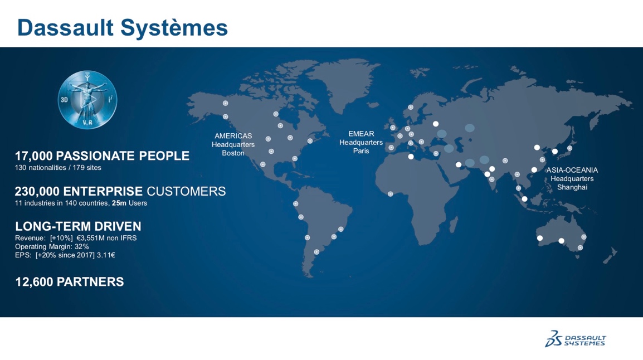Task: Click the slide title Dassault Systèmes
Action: tap(122, 28)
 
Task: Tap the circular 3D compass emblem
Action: tap(87, 100)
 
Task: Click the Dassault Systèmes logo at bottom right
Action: tap(575, 339)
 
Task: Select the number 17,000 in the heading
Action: tap(34, 156)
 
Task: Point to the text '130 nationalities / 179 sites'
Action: tap(58, 168)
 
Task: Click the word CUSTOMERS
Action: tap(186, 192)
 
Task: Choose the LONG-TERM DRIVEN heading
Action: tap(78, 226)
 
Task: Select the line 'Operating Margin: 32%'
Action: tap(52, 247)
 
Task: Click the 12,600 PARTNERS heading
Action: tap(69, 282)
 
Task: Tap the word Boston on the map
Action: tap(233, 153)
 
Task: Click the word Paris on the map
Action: tap(361, 151)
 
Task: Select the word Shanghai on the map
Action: tap(572, 188)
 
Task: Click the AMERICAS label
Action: tap(233, 136)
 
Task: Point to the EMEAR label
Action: tap(361, 134)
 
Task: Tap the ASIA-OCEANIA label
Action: tap(572, 170)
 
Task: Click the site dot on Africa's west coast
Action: tap(391, 194)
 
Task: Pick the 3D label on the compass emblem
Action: tap(65, 100)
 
